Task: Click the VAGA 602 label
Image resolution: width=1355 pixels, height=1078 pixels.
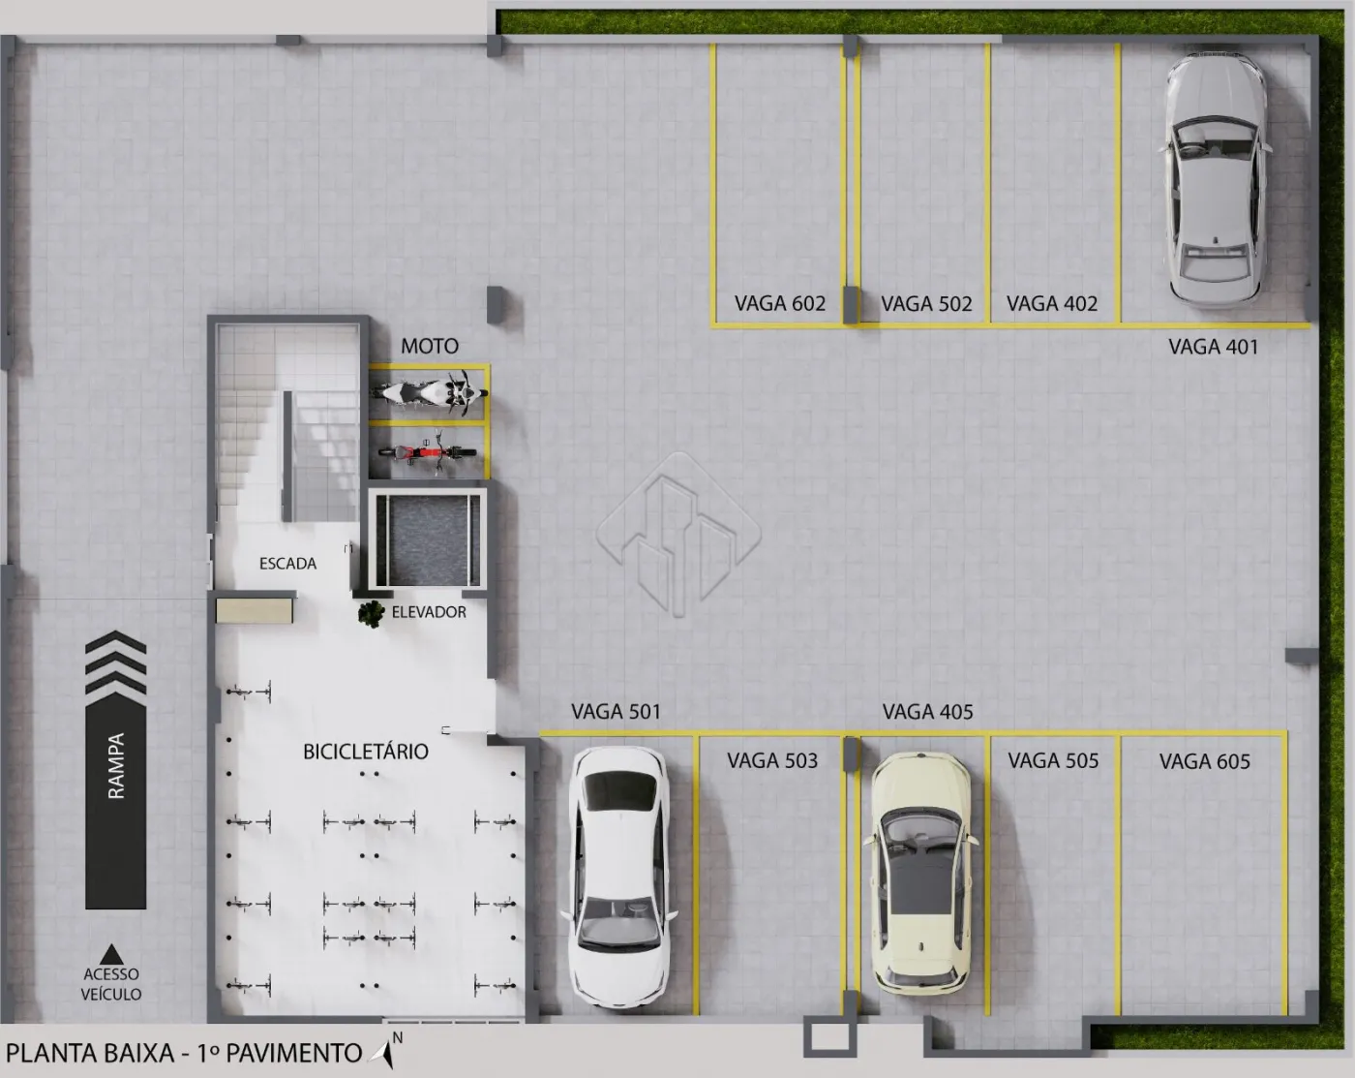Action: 779,304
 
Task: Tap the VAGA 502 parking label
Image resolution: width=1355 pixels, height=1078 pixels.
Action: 926,304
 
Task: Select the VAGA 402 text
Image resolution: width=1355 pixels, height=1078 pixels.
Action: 1051,304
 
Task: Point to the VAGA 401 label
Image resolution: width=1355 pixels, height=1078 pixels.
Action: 1213,347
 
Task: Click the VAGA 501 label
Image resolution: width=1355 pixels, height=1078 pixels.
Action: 616,711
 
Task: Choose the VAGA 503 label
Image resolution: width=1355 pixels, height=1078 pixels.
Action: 772,760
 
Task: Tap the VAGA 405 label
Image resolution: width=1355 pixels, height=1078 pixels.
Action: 927,712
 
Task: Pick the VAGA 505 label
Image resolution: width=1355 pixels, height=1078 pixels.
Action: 1053,760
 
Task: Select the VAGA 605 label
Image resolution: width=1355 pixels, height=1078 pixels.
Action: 1205,761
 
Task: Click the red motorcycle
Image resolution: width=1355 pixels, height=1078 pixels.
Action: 427,451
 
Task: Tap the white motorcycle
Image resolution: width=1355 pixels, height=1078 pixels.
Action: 430,392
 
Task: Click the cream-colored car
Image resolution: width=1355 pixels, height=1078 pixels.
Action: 920,873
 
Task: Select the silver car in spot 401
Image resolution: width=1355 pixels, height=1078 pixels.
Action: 1211,177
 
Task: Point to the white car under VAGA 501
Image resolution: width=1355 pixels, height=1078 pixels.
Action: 618,877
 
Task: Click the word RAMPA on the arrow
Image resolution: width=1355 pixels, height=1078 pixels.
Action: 116,765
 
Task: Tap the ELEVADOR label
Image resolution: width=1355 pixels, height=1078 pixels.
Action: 429,612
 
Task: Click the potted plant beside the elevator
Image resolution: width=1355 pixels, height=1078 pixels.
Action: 371,614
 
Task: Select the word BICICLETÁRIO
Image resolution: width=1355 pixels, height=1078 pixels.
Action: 365,752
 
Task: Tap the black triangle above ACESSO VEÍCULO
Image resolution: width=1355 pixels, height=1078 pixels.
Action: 111,954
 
